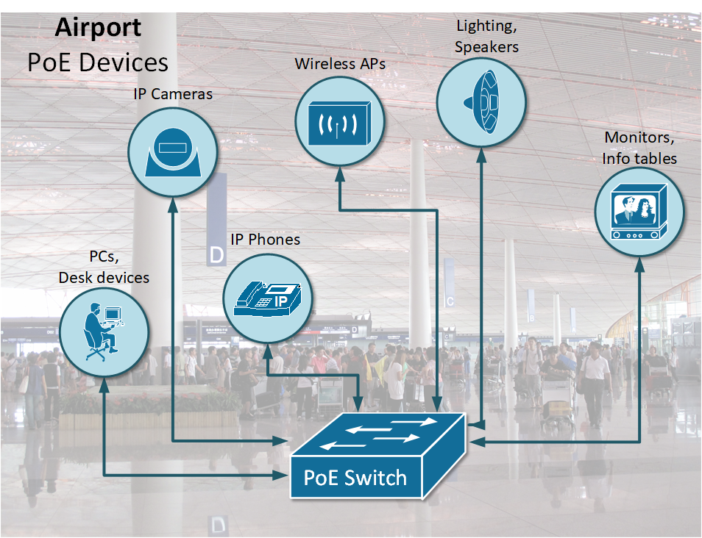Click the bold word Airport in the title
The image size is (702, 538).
pos(98,28)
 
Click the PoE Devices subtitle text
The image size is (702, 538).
pos(98,62)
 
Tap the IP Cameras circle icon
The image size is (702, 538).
pos(173,151)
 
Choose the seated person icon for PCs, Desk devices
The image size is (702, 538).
pos(104,331)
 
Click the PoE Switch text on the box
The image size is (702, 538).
pos(355,478)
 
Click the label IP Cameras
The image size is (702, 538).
pos(173,94)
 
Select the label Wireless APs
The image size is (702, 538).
pos(340,64)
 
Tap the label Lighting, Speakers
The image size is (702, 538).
pos(486,36)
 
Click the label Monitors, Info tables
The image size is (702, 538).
pos(639,148)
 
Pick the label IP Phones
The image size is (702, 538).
pos(266,240)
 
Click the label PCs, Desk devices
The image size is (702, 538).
pos(104,268)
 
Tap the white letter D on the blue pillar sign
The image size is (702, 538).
pos(216,255)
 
